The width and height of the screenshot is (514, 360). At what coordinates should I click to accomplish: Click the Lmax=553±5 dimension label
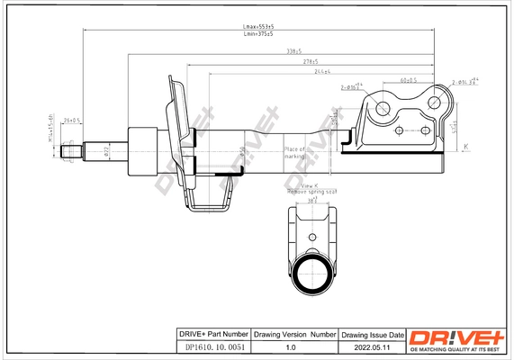click(259, 27)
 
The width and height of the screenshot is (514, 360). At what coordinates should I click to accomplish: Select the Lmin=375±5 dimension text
click(259, 37)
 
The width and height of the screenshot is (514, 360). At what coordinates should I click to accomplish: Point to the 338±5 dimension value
click(293, 51)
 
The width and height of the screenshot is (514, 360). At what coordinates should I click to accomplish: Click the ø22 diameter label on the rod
click(106, 149)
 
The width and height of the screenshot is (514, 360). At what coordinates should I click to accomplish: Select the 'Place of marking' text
click(295, 152)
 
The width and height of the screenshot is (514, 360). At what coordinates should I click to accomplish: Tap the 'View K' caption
click(311, 186)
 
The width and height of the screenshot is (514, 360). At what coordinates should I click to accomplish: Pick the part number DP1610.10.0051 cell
click(210, 346)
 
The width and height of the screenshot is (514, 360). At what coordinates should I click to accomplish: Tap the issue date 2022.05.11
click(372, 346)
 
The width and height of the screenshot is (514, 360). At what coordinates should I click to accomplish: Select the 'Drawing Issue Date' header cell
click(372, 333)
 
